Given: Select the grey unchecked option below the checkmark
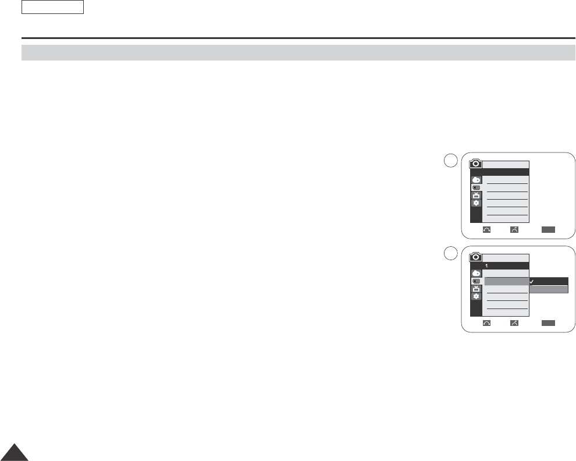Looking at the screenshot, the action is (x=549, y=289).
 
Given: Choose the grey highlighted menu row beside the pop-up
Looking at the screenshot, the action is (x=506, y=282).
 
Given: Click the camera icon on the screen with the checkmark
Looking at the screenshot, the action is (x=476, y=257).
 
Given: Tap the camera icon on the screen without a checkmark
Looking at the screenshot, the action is (x=476, y=164).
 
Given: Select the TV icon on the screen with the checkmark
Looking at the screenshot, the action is (x=476, y=288).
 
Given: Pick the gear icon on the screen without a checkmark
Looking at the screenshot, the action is (x=476, y=203).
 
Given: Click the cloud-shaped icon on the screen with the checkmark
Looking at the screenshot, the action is (x=476, y=272).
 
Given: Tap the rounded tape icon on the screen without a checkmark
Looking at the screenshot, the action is (x=476, y=187).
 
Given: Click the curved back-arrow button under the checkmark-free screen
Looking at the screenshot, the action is (x=486, y=230).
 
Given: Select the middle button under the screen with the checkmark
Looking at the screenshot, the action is (x=514, y=322).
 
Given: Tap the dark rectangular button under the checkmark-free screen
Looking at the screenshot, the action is (x=548, y=230).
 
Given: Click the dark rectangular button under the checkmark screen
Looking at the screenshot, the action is (x=548, y=322).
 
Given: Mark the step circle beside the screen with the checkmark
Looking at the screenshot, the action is (x=449, y=254).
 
